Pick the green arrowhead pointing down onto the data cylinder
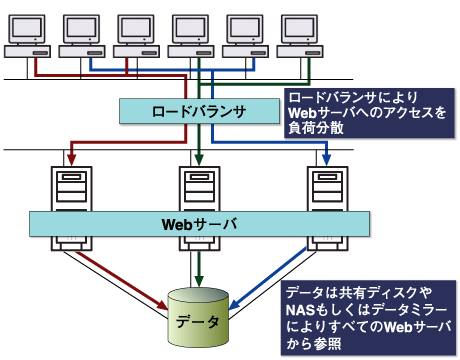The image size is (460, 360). pyautogui.click(x=198, y=283)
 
